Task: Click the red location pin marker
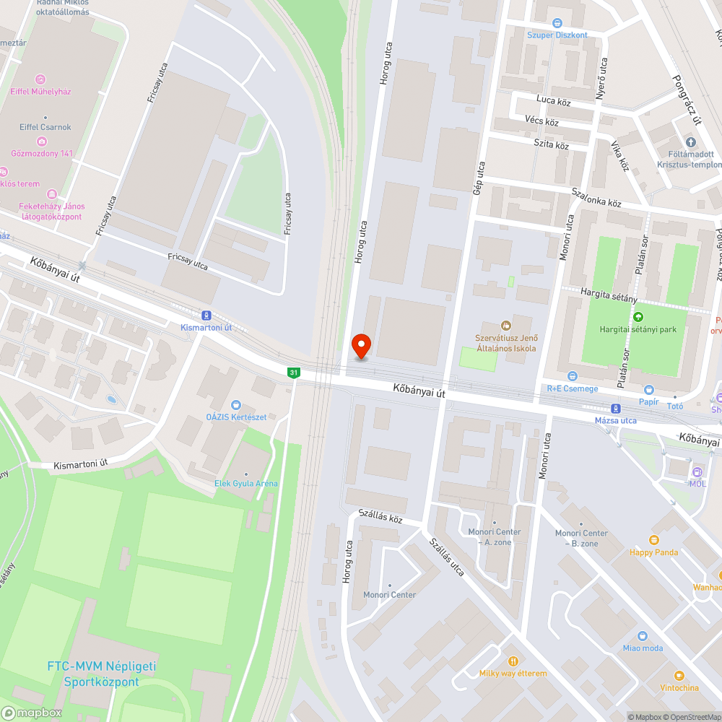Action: click(360, 346)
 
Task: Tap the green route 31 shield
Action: click(292, 373)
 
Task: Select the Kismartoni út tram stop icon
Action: click(206, 316)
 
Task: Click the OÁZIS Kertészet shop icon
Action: click(235, 405)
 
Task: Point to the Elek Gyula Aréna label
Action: click(245, 483)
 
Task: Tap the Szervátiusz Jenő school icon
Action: click(506, 326)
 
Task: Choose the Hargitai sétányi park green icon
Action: click(638, 317)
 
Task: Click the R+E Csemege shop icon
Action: click(572, 376)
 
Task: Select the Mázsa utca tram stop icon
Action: click(615, 408)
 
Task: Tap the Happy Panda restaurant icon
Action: click(654, 540)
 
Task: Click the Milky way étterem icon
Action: click(513, 661)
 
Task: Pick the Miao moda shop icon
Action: click(643, 636)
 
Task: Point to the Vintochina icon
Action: click(679, 675)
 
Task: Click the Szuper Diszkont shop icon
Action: click(557, 23)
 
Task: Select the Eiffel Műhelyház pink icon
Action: click(41, 79)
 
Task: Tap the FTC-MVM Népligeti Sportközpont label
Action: click(101, 674)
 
